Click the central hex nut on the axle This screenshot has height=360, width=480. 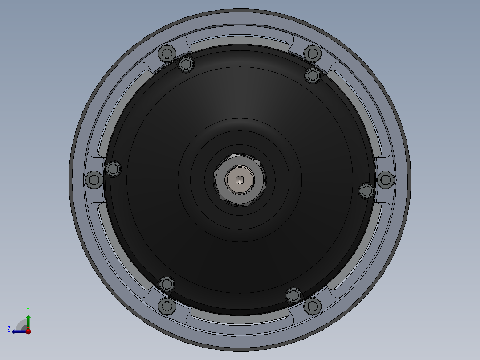(x=240, y=180)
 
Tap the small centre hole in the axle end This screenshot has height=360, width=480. (x=240, y=180)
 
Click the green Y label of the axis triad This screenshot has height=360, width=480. (x=28, y=310)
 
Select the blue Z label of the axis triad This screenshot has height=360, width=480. (x=9, y=329)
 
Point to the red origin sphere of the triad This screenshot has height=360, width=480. (x=28, y=331)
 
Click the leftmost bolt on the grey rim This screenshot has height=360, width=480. (x=94, y=180)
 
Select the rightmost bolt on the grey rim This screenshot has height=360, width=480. (x=386, y=180)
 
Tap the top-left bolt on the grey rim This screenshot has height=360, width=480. (x=167, y=53)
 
